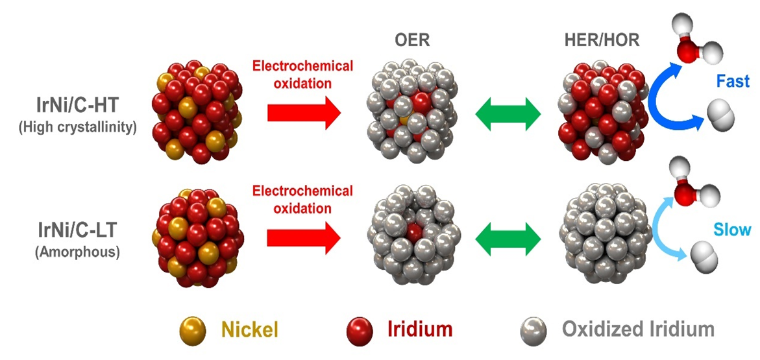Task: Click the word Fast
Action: pyautogui.click(x=733, y=82)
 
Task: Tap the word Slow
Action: pyautogui.click(x=732, y=229)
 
